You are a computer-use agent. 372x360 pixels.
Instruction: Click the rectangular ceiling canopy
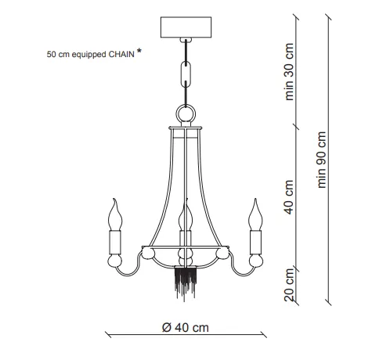(186, 27)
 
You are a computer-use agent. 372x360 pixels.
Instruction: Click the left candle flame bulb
(115, 214)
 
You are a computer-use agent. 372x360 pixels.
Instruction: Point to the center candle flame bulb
(186, 214)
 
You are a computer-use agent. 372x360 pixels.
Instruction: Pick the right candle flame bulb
(255, 214)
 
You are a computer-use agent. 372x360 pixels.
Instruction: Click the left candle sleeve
(115, 243)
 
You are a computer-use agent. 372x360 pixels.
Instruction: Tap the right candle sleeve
(255, 243)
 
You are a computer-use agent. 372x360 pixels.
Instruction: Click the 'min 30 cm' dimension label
(289, 72)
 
